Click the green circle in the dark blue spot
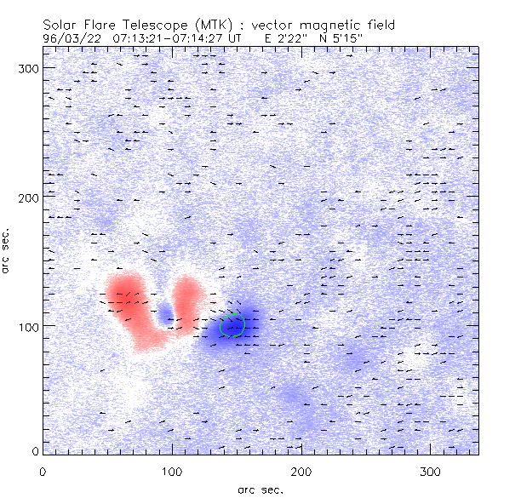tap(232, 324)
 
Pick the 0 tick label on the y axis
tap(35, 450)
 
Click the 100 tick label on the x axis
tap(172, 472)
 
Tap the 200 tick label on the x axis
tap(301, 472)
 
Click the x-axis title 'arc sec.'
tap(260, 489)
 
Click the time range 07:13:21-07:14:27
tap(170, 37)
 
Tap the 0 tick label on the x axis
tap(43, 472)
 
